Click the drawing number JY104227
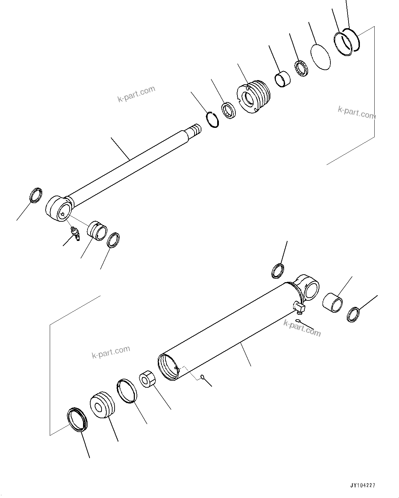point(362,486)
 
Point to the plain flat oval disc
point(320,57)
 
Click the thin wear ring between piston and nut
point(127,390)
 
